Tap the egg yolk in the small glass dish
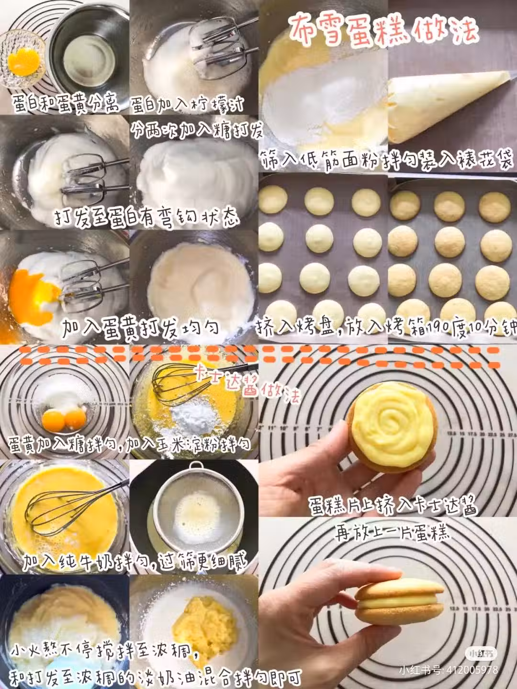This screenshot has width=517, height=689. (24, 62)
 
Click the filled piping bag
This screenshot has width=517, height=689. (449, 107)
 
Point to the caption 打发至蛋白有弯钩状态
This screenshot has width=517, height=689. (146, 217)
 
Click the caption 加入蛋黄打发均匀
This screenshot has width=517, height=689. (140, 328)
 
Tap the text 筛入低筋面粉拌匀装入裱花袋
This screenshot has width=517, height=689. (388, 161)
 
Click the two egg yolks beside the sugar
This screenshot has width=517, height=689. (64, 420)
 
